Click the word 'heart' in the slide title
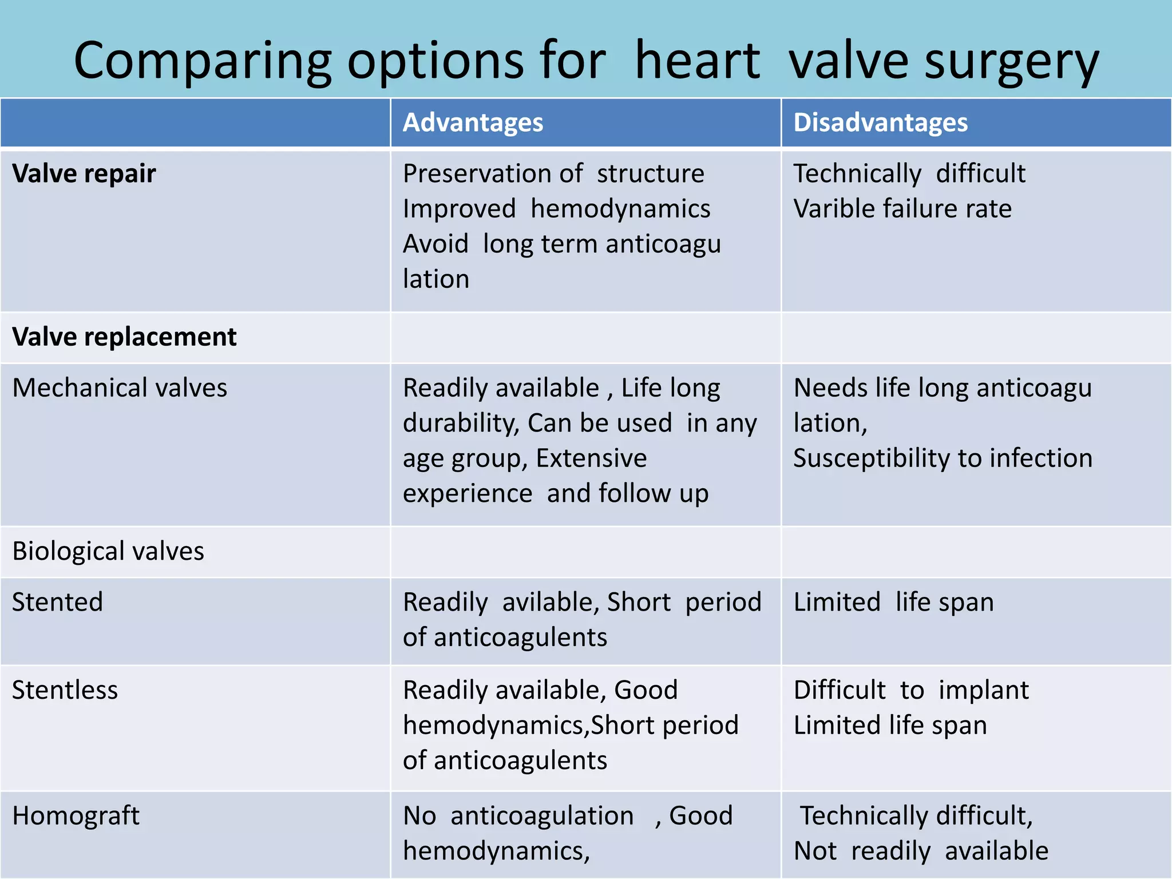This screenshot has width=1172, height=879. point(697,61)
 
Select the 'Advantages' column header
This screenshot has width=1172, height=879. point(473,122)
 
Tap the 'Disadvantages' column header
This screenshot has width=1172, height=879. point(880,122)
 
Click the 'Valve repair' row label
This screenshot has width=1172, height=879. point(84,173)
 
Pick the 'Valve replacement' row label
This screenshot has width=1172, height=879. point(124,336)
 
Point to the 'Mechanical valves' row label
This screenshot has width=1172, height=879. point(120,388)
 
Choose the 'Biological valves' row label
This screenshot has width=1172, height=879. point(108,551)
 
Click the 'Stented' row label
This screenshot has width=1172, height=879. point(57,602)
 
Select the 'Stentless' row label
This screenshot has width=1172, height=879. point(65,690)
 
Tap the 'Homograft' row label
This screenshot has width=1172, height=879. point(76,816)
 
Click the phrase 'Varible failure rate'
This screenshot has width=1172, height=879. point(902,209)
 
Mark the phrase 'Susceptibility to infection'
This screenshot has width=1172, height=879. point(943,458)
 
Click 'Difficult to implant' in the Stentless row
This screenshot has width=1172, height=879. point(911,690)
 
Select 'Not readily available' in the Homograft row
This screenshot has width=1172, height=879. point(921,851)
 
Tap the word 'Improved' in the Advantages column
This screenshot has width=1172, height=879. point(459,209)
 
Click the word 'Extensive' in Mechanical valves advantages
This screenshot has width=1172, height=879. point(591,458)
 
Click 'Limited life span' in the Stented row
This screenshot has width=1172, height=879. point(893,602)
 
